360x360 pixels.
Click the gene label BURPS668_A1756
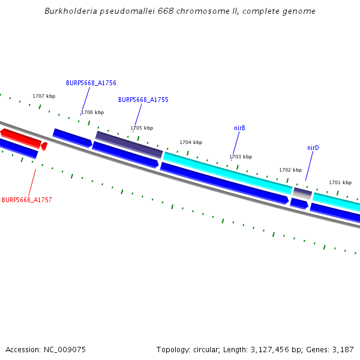(x=91, y=83)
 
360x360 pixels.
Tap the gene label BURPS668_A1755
(x=143, y=100)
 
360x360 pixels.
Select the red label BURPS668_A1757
(x=27, y=200)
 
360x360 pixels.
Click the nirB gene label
(x=239, y=128)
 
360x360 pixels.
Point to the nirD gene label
(x=313, y=148)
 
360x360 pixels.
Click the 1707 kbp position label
(x=44, y=96)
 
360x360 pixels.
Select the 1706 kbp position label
(x=92, y=112)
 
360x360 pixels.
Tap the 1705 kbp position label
(x=142, y=128)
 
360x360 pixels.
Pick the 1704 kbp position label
(x=191, y=142)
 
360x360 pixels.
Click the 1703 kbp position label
(x=241, y=157)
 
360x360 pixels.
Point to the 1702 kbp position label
(x=290, y=170)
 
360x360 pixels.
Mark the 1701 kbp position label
(x=340, y=182)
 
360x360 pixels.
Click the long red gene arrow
(x=20, y=137)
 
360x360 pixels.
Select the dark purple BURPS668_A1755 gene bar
(x=129, y=145)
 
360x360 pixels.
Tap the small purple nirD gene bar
(x=302, y=192)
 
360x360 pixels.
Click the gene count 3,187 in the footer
(x=343, y=349)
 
